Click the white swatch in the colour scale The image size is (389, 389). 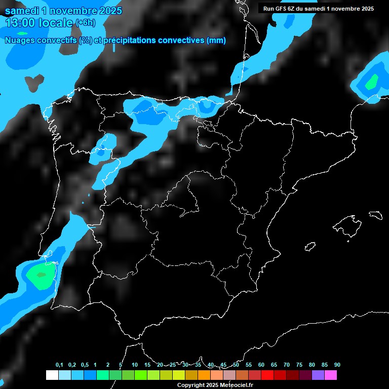point(52,375)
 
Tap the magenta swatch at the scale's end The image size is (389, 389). point(331,375)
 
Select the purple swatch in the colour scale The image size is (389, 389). point(318,375)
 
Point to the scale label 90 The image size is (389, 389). point(337,365)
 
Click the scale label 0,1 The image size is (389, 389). point(59,365)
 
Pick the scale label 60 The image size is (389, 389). point(261,365)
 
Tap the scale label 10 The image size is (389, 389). point(135,365)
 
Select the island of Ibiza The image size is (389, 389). point(310,247)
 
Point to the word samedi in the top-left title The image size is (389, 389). point(21,11)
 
